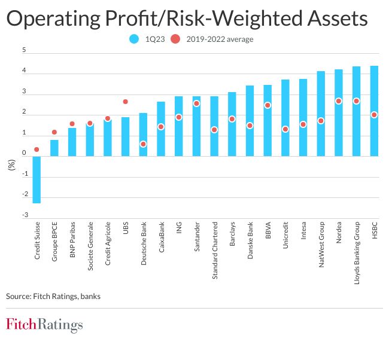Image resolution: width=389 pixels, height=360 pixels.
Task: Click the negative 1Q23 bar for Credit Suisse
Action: tap(37, 179)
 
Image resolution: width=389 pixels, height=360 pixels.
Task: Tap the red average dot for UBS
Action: tap(125, 102)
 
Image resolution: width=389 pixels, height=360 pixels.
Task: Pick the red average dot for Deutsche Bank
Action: tap(143, 144)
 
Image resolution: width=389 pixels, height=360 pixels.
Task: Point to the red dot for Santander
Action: tap(196, 103)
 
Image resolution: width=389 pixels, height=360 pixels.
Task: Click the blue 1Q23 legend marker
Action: tap(135, 39)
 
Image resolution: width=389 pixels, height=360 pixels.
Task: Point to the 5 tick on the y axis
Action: tap(24, 50)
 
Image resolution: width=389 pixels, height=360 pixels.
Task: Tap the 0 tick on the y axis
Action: tap(24, 153)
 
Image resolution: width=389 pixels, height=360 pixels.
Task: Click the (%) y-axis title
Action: tap(10, 165)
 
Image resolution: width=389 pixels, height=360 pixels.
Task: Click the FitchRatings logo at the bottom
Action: tap(44, 325)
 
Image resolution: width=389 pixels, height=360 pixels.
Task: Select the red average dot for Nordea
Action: tap(338, 101)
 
